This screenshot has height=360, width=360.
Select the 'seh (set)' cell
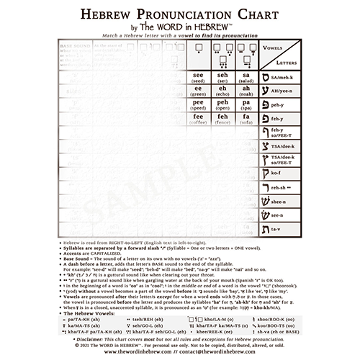click(222, 78)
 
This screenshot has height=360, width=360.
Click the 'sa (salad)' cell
click(246, 78)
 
